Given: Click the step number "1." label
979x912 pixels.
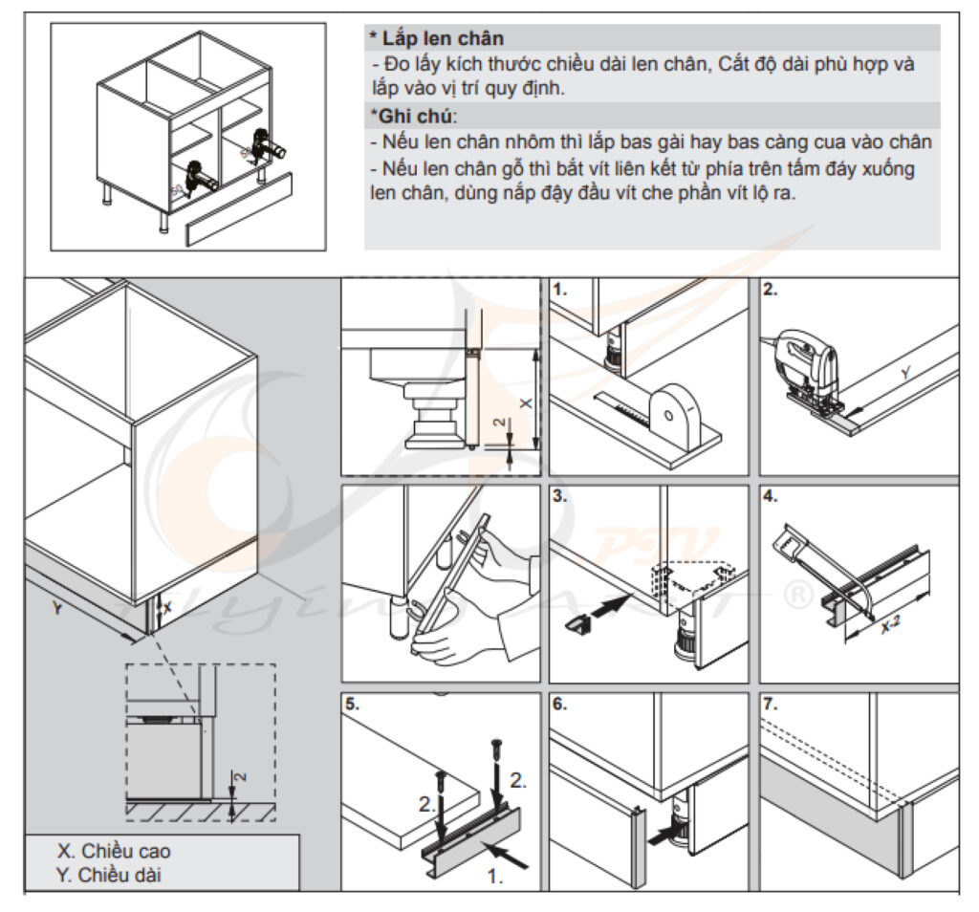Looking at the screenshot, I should pos(560,290).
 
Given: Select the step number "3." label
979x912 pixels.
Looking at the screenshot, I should pos(560,496).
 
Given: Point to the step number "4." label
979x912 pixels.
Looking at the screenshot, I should pos(771,496).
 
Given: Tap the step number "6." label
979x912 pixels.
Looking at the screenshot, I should pos(560,705).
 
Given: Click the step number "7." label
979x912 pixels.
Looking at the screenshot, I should pos(771,705).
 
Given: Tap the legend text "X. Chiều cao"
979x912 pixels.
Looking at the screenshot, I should pos(115,851).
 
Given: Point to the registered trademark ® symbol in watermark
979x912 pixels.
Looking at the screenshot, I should pos(798,595).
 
